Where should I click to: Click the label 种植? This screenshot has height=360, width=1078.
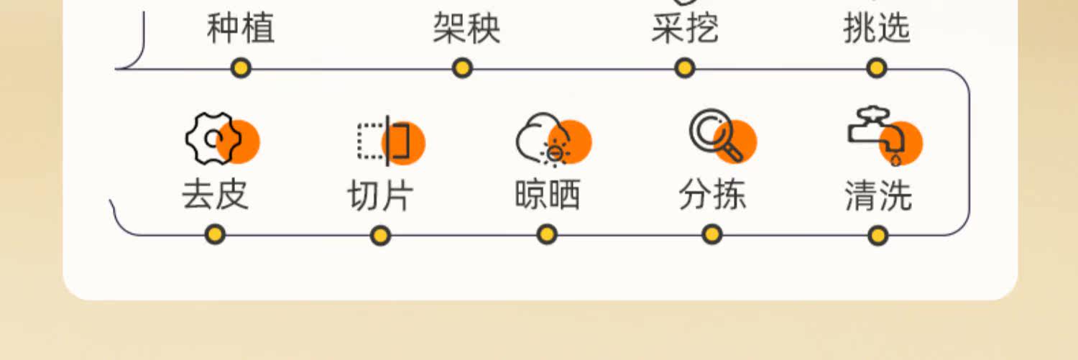click(240, 28)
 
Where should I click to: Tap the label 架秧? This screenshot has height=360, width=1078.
click(466, 28)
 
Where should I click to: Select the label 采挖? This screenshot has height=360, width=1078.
click(685, 28)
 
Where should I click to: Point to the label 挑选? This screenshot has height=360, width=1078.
click(877, 28)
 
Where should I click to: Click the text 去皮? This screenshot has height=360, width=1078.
click(215, 195)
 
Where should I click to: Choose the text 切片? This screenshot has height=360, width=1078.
click(381, 195)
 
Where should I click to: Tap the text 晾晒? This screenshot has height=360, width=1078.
click(548, 195)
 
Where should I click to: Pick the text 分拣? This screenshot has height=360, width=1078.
click(712, 195)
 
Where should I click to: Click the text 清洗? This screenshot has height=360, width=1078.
click(878, 195)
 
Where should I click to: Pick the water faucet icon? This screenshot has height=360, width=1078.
click(878, 135)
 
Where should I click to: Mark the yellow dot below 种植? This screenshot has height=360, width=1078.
click(241, 68)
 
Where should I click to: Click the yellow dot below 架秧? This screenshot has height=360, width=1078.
click(462, 68)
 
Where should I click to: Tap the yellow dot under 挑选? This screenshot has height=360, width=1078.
click(876, 68)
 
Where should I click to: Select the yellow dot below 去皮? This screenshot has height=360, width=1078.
click(214, 234)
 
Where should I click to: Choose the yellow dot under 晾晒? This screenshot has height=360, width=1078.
click(547, 234)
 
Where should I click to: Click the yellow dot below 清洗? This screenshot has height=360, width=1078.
click(877, 235)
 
